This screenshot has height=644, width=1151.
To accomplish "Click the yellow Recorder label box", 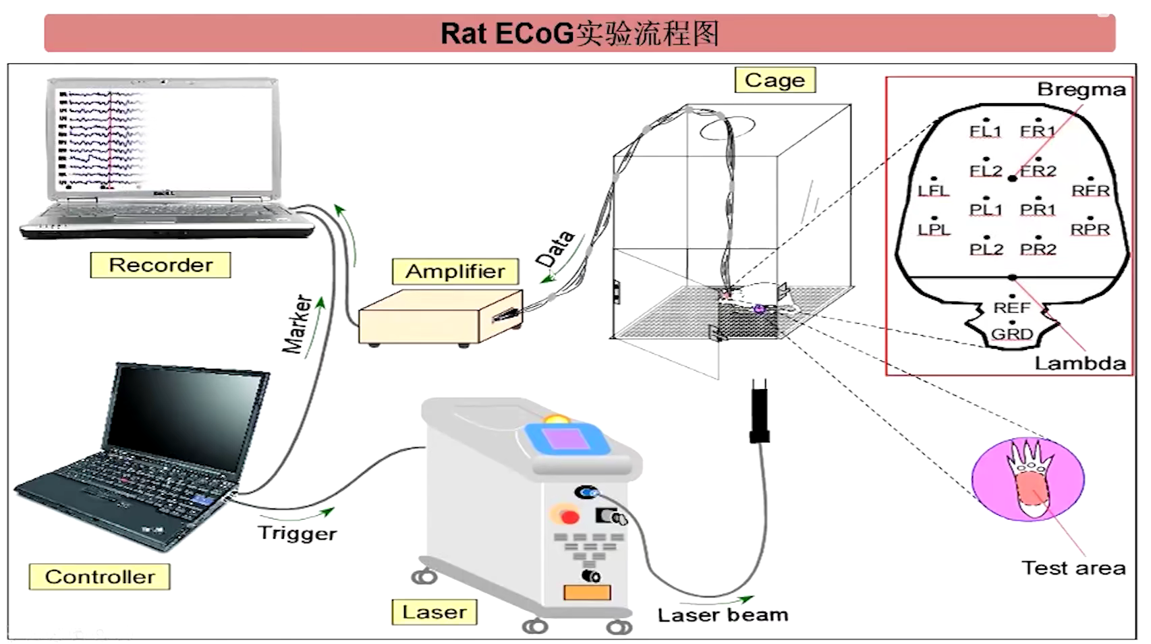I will [160, 265].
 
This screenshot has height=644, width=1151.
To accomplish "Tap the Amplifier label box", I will [455, 271].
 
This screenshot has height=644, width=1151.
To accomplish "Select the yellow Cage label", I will [775, 80].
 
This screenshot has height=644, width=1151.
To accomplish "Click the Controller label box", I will [99, 577].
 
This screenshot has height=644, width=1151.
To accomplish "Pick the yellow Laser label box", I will [434, 612].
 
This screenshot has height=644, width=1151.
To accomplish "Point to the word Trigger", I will [297, 533].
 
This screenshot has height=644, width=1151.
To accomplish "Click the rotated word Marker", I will [297, 324].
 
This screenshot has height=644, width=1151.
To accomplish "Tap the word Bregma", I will [1081, 90].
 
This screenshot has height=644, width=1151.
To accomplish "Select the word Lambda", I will [1079, 363].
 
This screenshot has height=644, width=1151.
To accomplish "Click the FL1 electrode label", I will [985, 131].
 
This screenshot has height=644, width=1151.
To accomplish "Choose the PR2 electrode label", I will [1038, 250].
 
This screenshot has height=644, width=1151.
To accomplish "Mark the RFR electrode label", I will [1090, 191].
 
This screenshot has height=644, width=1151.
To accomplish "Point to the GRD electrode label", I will [1011, 334].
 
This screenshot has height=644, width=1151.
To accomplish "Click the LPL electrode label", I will [934, 230].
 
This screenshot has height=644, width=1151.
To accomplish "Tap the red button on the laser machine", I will [569, 517].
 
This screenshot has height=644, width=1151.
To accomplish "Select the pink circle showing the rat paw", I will [1028, 479].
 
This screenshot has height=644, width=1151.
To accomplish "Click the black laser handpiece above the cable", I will [760, 411].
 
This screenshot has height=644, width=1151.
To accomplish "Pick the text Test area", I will [1073, 568].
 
